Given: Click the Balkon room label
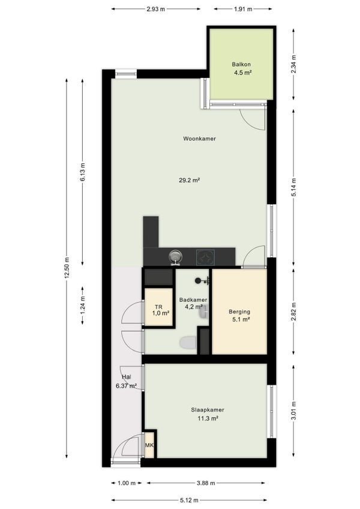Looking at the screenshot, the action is pos(241,64).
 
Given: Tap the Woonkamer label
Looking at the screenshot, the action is pos(199,139).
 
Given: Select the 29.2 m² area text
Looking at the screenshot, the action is pos(189,180).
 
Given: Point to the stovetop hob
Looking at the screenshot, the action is pos(205,258).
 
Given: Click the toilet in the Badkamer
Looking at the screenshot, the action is pos(188,343).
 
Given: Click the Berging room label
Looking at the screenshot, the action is pos(239,312).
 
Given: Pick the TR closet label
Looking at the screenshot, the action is pos(158,307).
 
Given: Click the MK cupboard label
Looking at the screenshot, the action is pos(149,445).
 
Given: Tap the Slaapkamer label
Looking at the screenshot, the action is pos(208,410).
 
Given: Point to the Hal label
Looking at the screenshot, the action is pos(126,377).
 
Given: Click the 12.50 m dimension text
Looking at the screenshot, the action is pos(67,268).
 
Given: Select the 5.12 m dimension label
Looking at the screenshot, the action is pos(189,500).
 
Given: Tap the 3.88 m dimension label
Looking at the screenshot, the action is pos(206,483).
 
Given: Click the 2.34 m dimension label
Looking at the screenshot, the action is pos(294,64).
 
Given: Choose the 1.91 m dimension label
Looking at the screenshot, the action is pos(243,9).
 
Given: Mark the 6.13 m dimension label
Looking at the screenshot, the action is pos(82,172).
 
